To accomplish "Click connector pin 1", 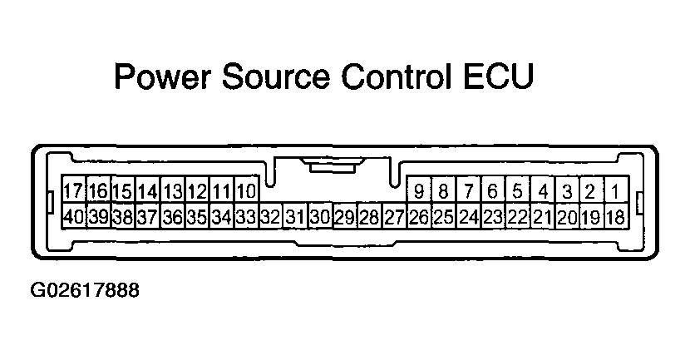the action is [616, 190].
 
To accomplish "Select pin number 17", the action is [73, 190].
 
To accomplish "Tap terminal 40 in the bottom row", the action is [73, 216].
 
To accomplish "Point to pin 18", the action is [616, 216].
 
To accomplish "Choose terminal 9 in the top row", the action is [419, 190].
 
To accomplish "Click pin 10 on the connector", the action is [246, 190].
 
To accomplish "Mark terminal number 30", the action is [320, 216].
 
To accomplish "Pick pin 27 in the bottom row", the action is [394, 216].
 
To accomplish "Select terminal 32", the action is [270, 216].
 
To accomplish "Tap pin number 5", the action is [517, 190].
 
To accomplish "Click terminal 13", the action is [173, 190].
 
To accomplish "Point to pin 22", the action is [517, 216].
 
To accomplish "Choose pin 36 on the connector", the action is [173, 216].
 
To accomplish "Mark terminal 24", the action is [469, 216].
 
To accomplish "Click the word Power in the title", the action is [162, 76].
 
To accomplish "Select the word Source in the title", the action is [276, 76].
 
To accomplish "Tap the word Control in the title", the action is [397, 76].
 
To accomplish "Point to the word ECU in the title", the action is [499, 76].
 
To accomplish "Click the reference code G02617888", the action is [85, 290].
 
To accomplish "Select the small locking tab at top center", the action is [333, 167].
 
